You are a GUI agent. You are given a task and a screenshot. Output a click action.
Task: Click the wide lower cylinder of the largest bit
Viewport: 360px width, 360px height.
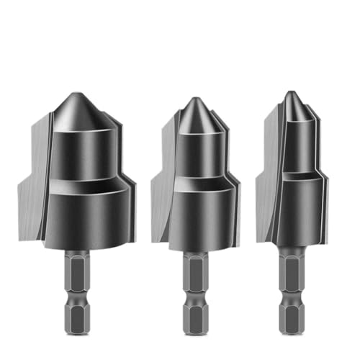[x=83, y=216]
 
